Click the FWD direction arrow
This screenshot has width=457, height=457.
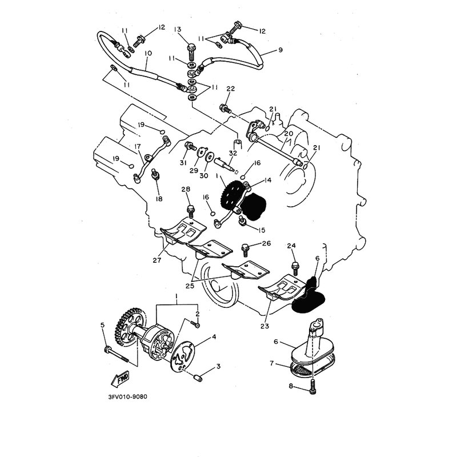pyautogui.click(x=120, y=379)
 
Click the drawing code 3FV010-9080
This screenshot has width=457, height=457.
pyautogui.click(x=127, y=396)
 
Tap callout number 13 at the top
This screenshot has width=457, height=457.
pyautogui.click(x=178, y=29)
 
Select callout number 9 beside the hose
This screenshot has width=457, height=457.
pyautogui.click(x=280, y=50)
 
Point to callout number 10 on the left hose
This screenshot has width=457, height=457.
pyautogui.click(x=148, y=53)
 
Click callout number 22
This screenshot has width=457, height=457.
pyautogui.click(x=231, y=89)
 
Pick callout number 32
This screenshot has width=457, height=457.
pyautogui.click(x=233, y=153)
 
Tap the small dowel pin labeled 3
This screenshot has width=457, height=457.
pyautogui.click(x=198, y=379)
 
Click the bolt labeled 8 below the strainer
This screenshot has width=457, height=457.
pyautogui.click(x=313, y=387)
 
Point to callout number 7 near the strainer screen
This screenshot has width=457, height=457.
pyautogui.click(x=272, y=363)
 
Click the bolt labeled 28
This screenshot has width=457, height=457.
pyautogui.click(x=191, y=211)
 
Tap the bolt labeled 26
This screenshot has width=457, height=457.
pyautogui.click(x=245, y=250)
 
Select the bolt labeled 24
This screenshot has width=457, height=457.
pyautogui.click(x=295, y=268)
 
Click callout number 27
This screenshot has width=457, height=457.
pyautogui.click(x=157, y=260)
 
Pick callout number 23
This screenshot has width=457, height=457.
pyautogui.click(x=264, y=326)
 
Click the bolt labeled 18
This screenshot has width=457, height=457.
pyautogui.click(x=155, y=175)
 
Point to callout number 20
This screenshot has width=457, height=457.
pyautogui.click(x=288, y=134)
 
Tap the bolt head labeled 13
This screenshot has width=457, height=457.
pyautogui.click(x=192, y=47)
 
